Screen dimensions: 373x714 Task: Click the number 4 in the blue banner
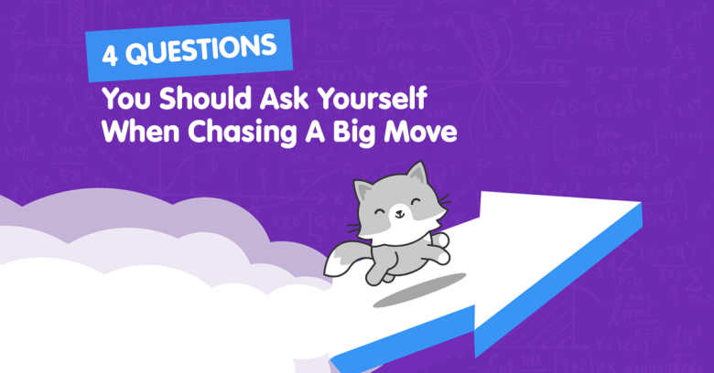[x=110, y=55]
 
